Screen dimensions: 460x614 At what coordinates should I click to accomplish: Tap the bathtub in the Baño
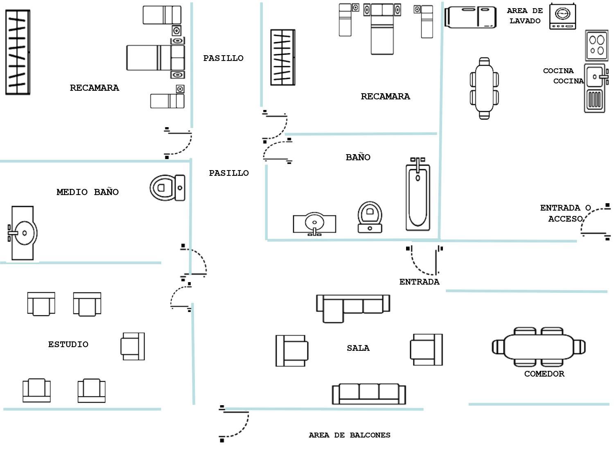click(x=418, y=195)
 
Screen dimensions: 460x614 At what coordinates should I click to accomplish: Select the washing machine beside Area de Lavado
click(x=562, y=16)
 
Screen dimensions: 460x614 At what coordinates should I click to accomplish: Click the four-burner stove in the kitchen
click(x=596, y=45)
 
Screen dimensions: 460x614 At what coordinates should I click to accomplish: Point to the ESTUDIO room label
click(x=68, y=344)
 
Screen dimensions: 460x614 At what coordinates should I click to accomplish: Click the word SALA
click(x=358, y=348)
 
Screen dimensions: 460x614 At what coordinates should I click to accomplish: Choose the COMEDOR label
click(x=544, y=374)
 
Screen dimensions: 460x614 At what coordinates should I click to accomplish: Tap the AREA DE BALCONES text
click(x=349, y=435)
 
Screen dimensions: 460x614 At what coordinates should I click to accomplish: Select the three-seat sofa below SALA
click(x=369, y=394)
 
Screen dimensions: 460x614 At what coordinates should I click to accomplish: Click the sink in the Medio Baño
click(x=23, y=233)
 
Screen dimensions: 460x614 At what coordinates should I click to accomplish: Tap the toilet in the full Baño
click(x=370, y=217)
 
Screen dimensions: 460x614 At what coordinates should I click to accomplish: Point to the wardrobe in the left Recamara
click(x=18, y=52)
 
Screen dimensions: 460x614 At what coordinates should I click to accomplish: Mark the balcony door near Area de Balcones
click(x=235, y=424)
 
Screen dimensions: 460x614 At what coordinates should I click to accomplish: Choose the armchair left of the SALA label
click(x=291, y=350)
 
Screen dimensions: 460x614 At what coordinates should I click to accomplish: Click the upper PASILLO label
click(x=223, y=58)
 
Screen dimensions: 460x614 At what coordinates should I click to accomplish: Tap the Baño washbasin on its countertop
click(x=314, y=223)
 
